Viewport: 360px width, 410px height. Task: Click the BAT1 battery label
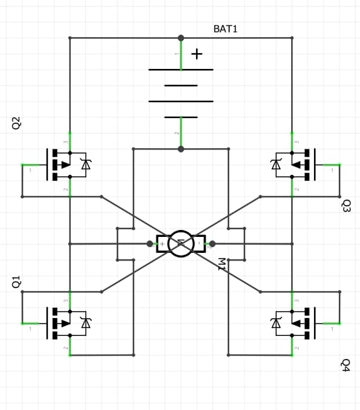point(225,29)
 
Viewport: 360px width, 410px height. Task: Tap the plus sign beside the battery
point(197,54)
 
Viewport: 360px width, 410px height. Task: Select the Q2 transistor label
point(17,123)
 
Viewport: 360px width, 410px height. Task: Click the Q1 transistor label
point(17,282)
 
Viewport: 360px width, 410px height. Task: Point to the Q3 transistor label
point(346,206)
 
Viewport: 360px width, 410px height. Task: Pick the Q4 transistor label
point(346,365)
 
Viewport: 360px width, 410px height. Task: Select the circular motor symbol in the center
point(181,243)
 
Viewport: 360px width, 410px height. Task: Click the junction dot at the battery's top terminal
point(181,38)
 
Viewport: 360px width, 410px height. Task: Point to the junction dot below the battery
point(181,149)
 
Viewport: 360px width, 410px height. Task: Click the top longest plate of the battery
point(181,70)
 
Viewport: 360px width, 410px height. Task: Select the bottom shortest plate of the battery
point(181,118)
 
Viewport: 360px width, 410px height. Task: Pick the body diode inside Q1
point(86,323)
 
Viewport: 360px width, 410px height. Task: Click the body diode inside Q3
point(276,164)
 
